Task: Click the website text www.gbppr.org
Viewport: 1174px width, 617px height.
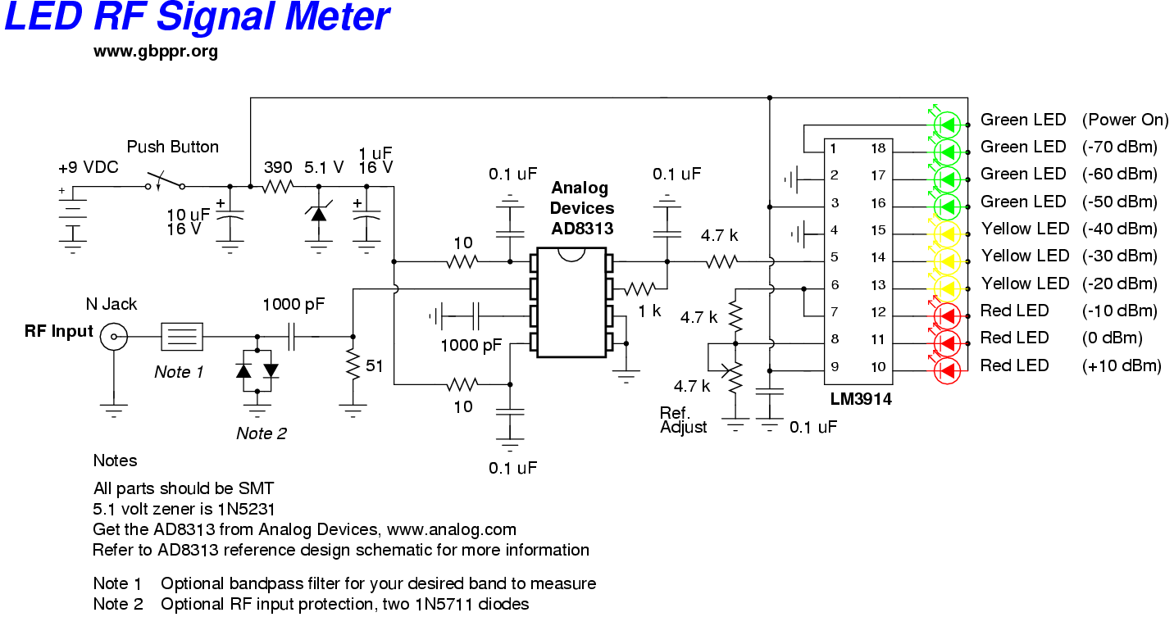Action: tap(156, 51)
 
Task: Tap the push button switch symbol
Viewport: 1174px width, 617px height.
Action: tap(165, 179)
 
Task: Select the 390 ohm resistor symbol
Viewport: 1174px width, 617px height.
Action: tap(276, 187)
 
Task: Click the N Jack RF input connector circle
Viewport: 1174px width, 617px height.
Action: tap(112, 336)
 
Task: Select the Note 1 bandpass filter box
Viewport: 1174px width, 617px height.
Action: tap(181, 336)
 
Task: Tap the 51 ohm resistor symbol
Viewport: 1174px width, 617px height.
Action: tap(353, 365)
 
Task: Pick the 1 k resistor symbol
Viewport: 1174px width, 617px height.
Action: tap(640, 288)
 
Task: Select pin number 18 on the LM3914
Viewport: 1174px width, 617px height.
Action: tap(878, 148)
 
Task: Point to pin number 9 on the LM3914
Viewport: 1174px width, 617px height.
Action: tap(834, 366)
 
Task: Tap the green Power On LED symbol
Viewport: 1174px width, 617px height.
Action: tap(948, 125)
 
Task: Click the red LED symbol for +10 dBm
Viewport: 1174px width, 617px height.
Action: tap(948, 370)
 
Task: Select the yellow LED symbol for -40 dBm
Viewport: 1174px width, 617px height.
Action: tap(948, 234)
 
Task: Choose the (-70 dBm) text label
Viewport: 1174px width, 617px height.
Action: tap(1119, 147)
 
